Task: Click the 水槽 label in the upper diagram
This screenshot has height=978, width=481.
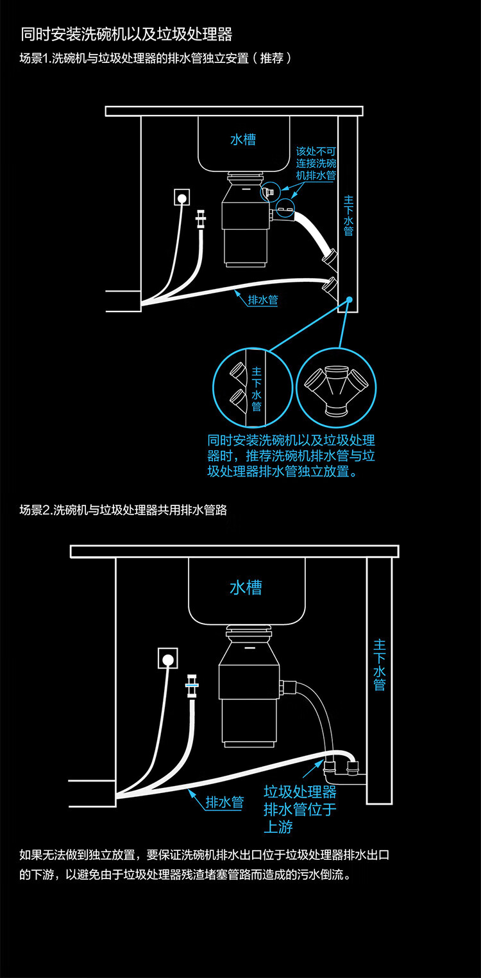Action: pos(243,139)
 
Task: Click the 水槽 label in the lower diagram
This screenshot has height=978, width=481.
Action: pos(246,587)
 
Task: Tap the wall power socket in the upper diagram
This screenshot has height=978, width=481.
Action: pos(181,198)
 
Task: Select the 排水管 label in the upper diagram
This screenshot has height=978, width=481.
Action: pos(263,299)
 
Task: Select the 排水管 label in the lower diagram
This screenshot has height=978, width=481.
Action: pos(224,802)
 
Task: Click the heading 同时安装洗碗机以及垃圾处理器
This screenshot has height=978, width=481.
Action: pos(126,33)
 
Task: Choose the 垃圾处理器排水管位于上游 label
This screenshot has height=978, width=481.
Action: pos(300,808)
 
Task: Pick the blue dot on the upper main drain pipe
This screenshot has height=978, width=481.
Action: pos(350,299)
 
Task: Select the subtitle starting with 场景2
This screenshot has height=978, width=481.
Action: pos(123,511)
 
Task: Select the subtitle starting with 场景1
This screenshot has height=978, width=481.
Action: pos(156,58)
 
